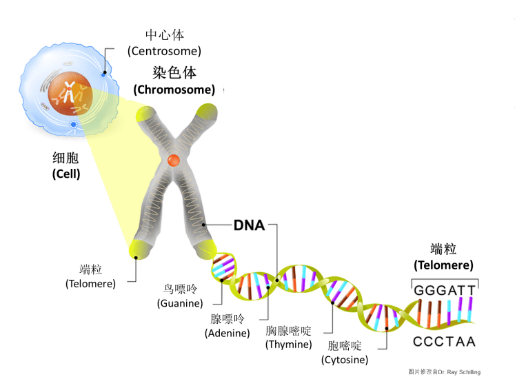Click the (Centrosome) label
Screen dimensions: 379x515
point(164,51)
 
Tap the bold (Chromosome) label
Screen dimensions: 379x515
point(174,90)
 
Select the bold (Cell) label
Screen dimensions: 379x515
point(66,174)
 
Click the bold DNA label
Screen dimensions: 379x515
point(249,225)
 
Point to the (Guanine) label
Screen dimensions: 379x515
point(180,303)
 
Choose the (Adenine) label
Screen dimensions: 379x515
point(227,333)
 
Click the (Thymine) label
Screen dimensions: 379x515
point(289,345)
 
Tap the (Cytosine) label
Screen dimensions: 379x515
point(345,360)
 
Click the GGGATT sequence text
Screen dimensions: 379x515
point(445,290)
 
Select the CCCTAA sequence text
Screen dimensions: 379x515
point(445,341)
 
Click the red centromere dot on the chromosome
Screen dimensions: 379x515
point(174,161)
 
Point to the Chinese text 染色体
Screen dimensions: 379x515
point(174,74)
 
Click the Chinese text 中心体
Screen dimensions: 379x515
point(164,35)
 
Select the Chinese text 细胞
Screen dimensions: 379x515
point(66,158)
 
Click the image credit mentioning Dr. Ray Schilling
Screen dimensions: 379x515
point(444,372)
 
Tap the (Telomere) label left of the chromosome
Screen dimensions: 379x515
point(90,283)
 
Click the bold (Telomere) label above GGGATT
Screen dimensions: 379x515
point(443,265)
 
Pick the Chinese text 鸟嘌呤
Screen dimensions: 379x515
point(180,289)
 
